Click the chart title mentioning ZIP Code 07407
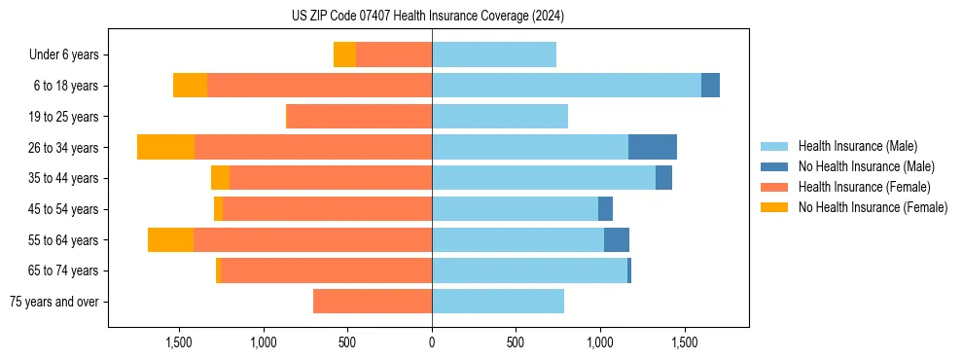coord(428,17)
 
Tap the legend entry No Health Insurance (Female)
coord(873,207)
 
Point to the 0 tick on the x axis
coord(432,343)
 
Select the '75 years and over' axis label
coord(53,302)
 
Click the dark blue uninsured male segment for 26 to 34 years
coord(653,147)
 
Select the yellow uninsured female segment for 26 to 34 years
coord(165,147)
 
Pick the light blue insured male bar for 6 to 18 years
coord(566,86)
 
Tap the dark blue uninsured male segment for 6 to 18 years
coord(710,86)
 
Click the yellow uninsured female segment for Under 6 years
coord(344,54)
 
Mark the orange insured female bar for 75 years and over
coord(373,302)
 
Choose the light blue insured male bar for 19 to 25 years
coord(500,117)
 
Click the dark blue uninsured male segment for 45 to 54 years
coord(605,209)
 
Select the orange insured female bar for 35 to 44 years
coord(331,178)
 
